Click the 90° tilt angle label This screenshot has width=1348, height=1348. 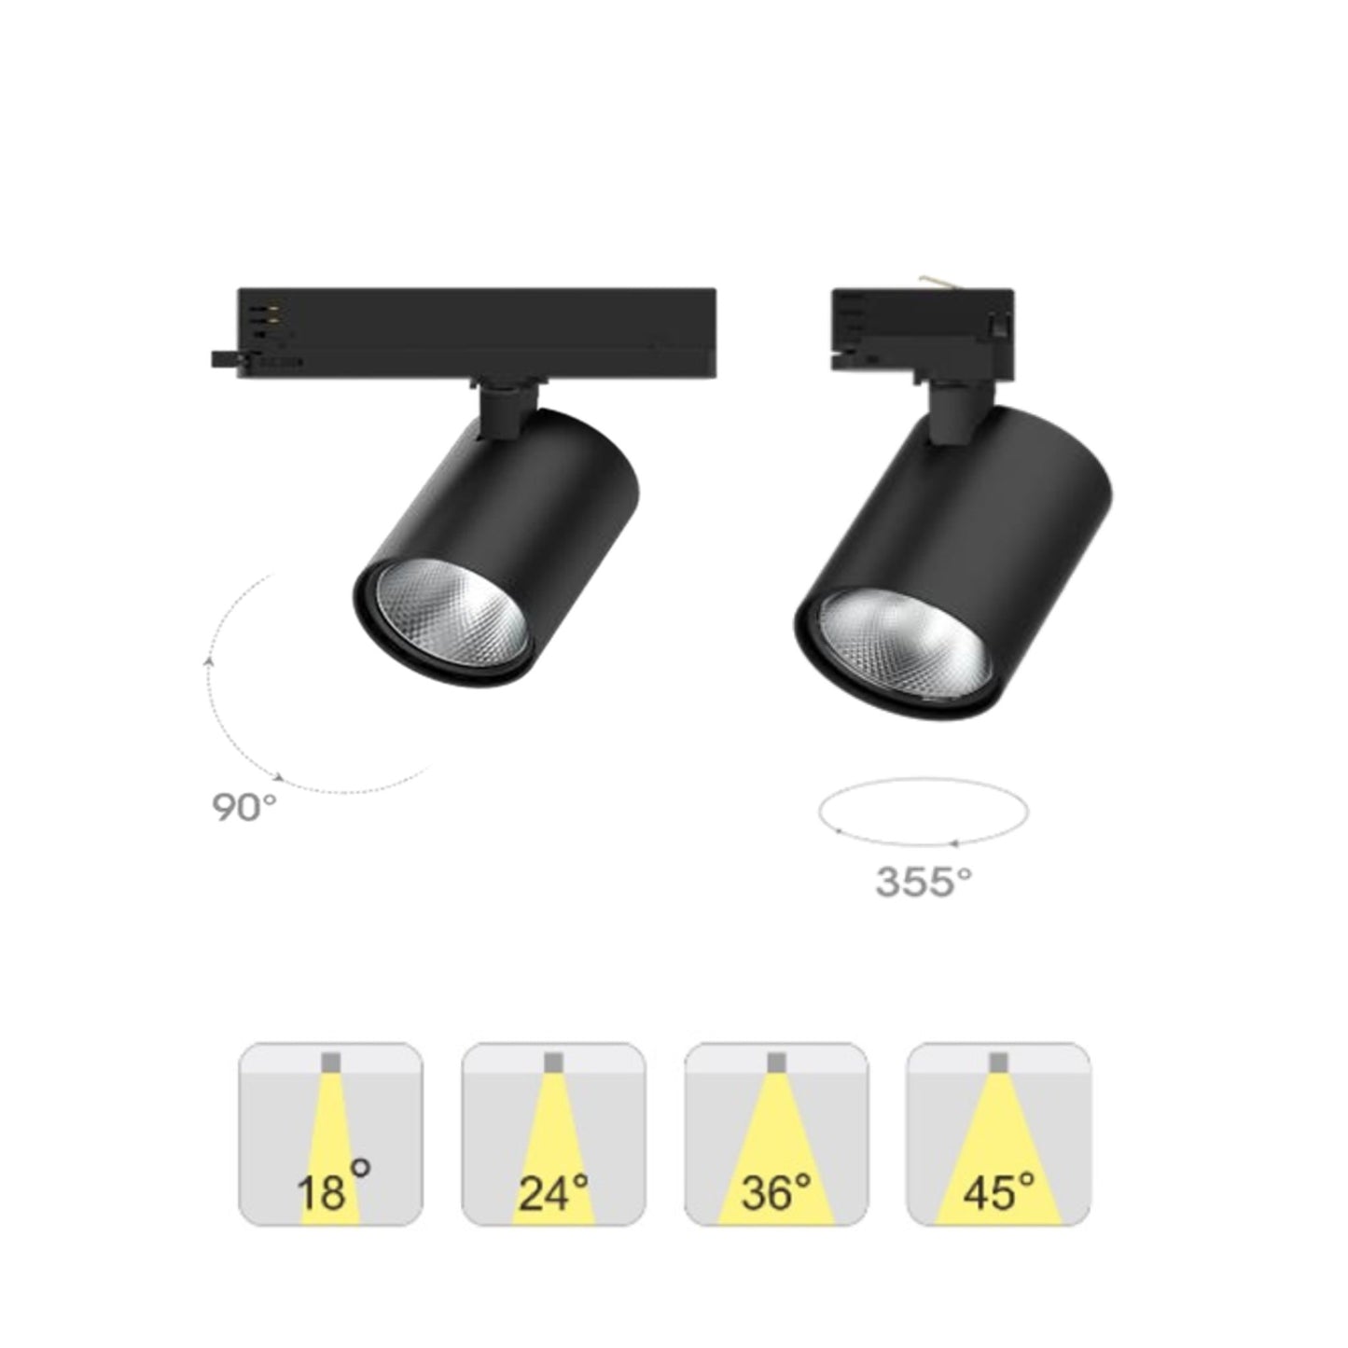(x=244, y=808)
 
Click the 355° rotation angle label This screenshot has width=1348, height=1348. (x=923, y=882)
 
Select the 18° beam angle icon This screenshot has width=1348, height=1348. (x=331, y=1133)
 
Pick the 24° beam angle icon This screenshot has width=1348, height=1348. (x=553, y=1133)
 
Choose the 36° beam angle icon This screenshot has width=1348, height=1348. (x=776, y=1133)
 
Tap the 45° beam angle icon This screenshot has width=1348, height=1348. (x=998, y=1133)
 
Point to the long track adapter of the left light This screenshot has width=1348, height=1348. (x=476, y=332)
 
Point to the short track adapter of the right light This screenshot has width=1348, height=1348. (x=919, y=332)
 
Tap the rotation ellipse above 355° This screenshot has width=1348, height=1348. (x=923, y=813)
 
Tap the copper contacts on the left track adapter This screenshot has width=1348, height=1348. (x=272, y=312)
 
